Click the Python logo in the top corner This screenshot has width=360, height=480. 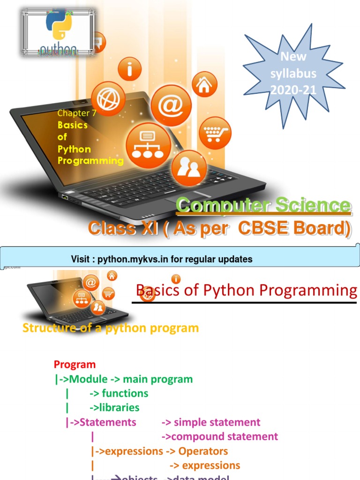(58, 31)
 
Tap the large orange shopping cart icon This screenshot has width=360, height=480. (215, 133)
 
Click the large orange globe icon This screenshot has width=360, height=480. (108, 99)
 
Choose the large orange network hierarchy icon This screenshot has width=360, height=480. (148, 144)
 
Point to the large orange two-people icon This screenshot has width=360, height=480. (188, 168)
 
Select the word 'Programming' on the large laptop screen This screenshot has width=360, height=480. (90, 161)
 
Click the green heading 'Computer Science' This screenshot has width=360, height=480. (263, 205)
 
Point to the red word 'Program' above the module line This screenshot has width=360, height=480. (75, 364)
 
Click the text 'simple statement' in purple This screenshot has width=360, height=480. (217, 422)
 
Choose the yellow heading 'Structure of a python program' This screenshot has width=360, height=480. (111, 328)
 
